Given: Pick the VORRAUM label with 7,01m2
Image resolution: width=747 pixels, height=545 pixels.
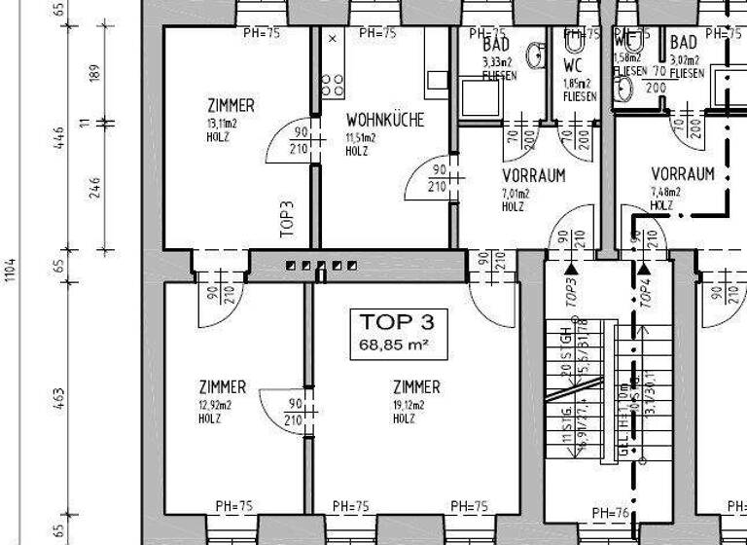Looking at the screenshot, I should tap(533, 176).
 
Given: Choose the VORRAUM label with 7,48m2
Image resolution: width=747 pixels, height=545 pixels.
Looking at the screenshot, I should tap(683, 174).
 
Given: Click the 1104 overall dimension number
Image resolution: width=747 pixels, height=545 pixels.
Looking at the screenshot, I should tap(11, 268).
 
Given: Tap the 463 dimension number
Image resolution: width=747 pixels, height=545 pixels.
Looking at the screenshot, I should tap(57, 399).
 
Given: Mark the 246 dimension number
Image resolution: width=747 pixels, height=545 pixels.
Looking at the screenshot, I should tap(94, 186).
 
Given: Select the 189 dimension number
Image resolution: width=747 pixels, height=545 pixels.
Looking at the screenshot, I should tap(94, 73).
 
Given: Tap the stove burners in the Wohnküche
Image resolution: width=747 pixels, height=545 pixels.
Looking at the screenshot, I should tap(332, 86).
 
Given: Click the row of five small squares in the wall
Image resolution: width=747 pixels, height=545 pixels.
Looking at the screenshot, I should tap(321, 265).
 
